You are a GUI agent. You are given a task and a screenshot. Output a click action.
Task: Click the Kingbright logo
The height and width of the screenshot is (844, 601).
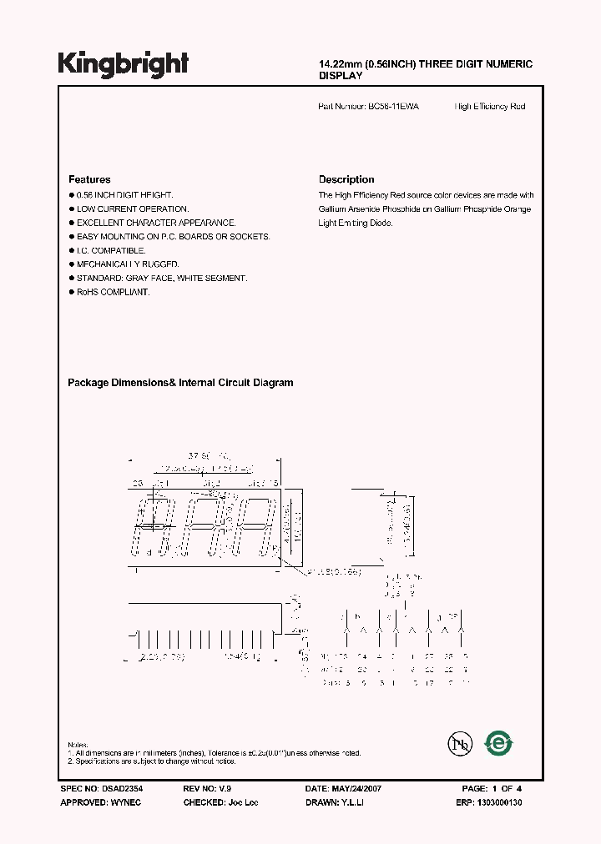[123, 63]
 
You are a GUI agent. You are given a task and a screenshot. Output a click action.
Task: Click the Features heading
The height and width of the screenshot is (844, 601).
[89, 179]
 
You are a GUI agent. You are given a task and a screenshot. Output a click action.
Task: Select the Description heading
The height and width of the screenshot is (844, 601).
[346, 179]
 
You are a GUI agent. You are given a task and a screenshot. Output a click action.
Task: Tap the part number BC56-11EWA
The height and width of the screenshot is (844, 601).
[394, 107]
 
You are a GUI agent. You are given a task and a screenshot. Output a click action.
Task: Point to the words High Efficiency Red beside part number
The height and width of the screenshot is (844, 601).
[490, 107]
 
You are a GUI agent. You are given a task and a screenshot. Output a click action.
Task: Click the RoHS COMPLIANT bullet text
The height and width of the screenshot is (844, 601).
[113, 292]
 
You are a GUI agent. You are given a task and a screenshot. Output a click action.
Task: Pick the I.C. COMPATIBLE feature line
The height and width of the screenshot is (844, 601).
[111, 250]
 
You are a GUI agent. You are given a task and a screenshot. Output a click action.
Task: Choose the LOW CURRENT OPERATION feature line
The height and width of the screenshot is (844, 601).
[133, 208]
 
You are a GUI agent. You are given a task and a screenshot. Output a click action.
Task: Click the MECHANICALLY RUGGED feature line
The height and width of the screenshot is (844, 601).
[128, 264]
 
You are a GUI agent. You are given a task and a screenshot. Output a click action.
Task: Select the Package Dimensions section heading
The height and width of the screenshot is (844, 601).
[180, 383]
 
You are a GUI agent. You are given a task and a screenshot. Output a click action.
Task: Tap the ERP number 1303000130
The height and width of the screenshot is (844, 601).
[500, 801]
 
